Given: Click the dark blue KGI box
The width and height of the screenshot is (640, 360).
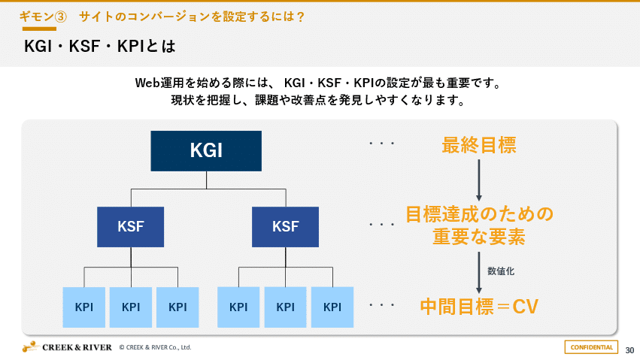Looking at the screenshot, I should pos(206,150).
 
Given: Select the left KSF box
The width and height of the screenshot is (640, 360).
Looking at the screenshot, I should pos(131,226).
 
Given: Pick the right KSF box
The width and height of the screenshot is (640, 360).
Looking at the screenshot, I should pos(285,226).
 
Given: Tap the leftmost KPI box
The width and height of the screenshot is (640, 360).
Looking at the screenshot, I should pos(84,307).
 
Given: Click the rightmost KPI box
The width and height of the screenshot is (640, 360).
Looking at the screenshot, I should pos(332,307).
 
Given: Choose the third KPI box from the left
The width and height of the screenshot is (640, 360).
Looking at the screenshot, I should pos(177,307).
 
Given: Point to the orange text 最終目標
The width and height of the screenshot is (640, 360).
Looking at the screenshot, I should pos(478,145).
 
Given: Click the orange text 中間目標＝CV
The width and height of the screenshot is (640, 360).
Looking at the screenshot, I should pos(478,306).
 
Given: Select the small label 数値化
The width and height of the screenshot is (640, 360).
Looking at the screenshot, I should pos(501,271).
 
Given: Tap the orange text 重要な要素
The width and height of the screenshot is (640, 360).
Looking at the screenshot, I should pos(478,237).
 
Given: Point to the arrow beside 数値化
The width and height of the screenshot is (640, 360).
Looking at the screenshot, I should pos(479,272).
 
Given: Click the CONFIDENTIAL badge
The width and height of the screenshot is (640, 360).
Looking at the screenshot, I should pos(591,346).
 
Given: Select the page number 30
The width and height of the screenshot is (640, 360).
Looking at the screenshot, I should pos(629,349).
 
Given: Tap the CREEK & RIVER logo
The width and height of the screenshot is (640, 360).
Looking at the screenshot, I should pos(67,346).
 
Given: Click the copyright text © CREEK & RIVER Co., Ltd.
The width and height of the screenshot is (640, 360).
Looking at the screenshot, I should pos(155,347).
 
